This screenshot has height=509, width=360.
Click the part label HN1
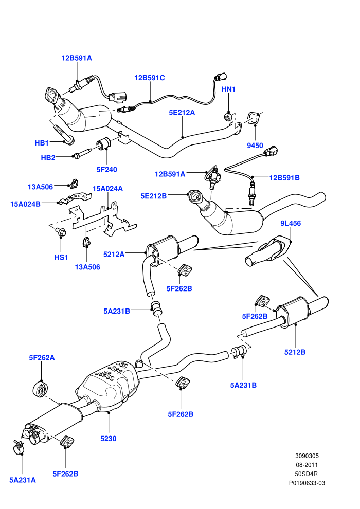[x=228, y=89]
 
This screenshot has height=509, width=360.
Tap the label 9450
[x=255, y=146]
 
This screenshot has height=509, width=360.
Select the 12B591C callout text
[x=149, y=78]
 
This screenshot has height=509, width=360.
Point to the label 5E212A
[x=182, y=112]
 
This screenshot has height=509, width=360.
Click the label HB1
[x=42, y=143]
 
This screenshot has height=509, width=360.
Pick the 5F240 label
[x=106, y=169]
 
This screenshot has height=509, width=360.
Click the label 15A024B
[x=25, y=204]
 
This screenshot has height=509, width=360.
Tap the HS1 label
[x=61, y=257]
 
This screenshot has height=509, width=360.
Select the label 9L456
[x=291, y=223]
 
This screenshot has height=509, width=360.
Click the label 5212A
[x=114, y=254]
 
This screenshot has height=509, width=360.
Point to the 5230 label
[x=108, y=439]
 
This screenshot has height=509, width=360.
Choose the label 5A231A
[x=23, y=480]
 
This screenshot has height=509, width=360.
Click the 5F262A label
[x=42, y=358]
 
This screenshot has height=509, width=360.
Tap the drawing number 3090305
[x=307, y=456]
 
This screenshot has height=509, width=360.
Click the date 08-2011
[x=307, y=465]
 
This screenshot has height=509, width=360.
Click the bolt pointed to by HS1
[x=61, y=232]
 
